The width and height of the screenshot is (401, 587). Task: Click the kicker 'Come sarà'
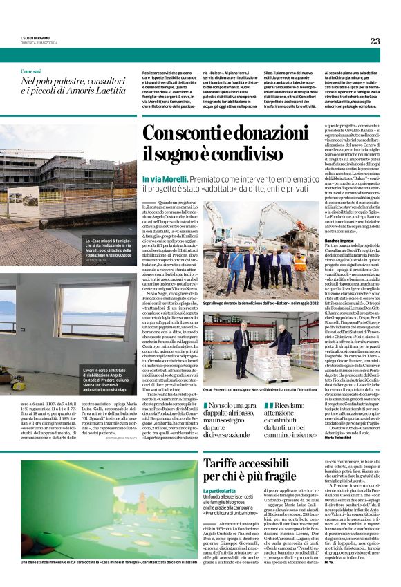pos(31,71)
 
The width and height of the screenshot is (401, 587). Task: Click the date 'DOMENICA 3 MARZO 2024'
pos(34,41)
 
